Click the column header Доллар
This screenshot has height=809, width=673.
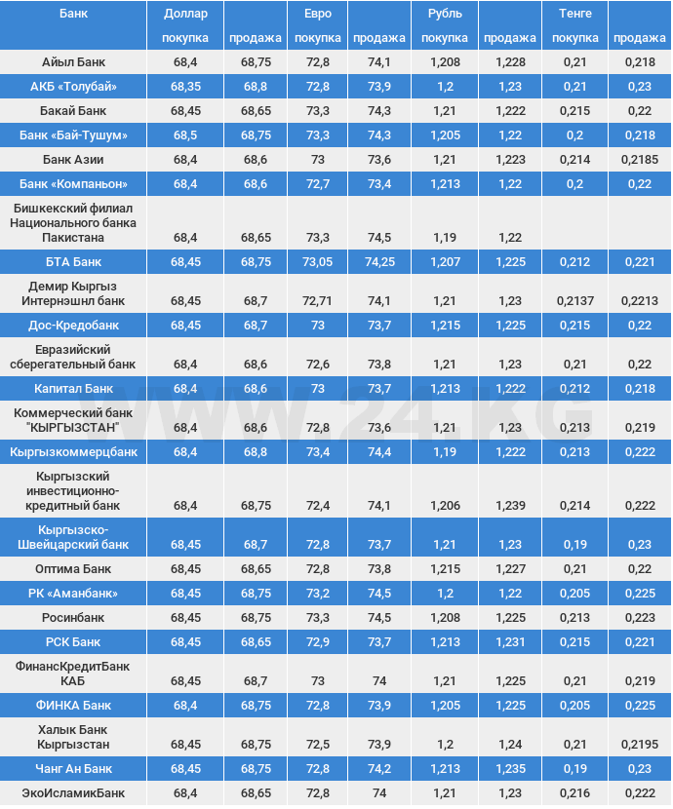pos(185,14)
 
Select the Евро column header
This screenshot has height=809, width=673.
pos(317,14)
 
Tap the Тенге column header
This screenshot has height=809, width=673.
pos(575,14)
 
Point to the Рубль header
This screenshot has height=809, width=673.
pos(445,14)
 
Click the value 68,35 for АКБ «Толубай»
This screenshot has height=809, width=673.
pos(185,87)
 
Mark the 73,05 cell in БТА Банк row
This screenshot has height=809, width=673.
pos(317,261)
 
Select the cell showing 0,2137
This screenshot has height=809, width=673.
pos(575,300)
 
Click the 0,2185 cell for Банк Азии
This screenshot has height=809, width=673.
pos(640,159)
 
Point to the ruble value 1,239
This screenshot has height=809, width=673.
pos(510,505)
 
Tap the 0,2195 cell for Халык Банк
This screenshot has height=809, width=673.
pos(640,744)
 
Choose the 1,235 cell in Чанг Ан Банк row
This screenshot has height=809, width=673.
pos(510,768)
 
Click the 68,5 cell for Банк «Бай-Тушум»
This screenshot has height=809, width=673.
pos(185,135)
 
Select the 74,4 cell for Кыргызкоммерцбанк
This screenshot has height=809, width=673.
pos(379,452)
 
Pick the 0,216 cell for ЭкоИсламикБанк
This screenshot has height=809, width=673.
pos(575,792)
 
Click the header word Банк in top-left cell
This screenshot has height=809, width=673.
pos(73,14)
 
